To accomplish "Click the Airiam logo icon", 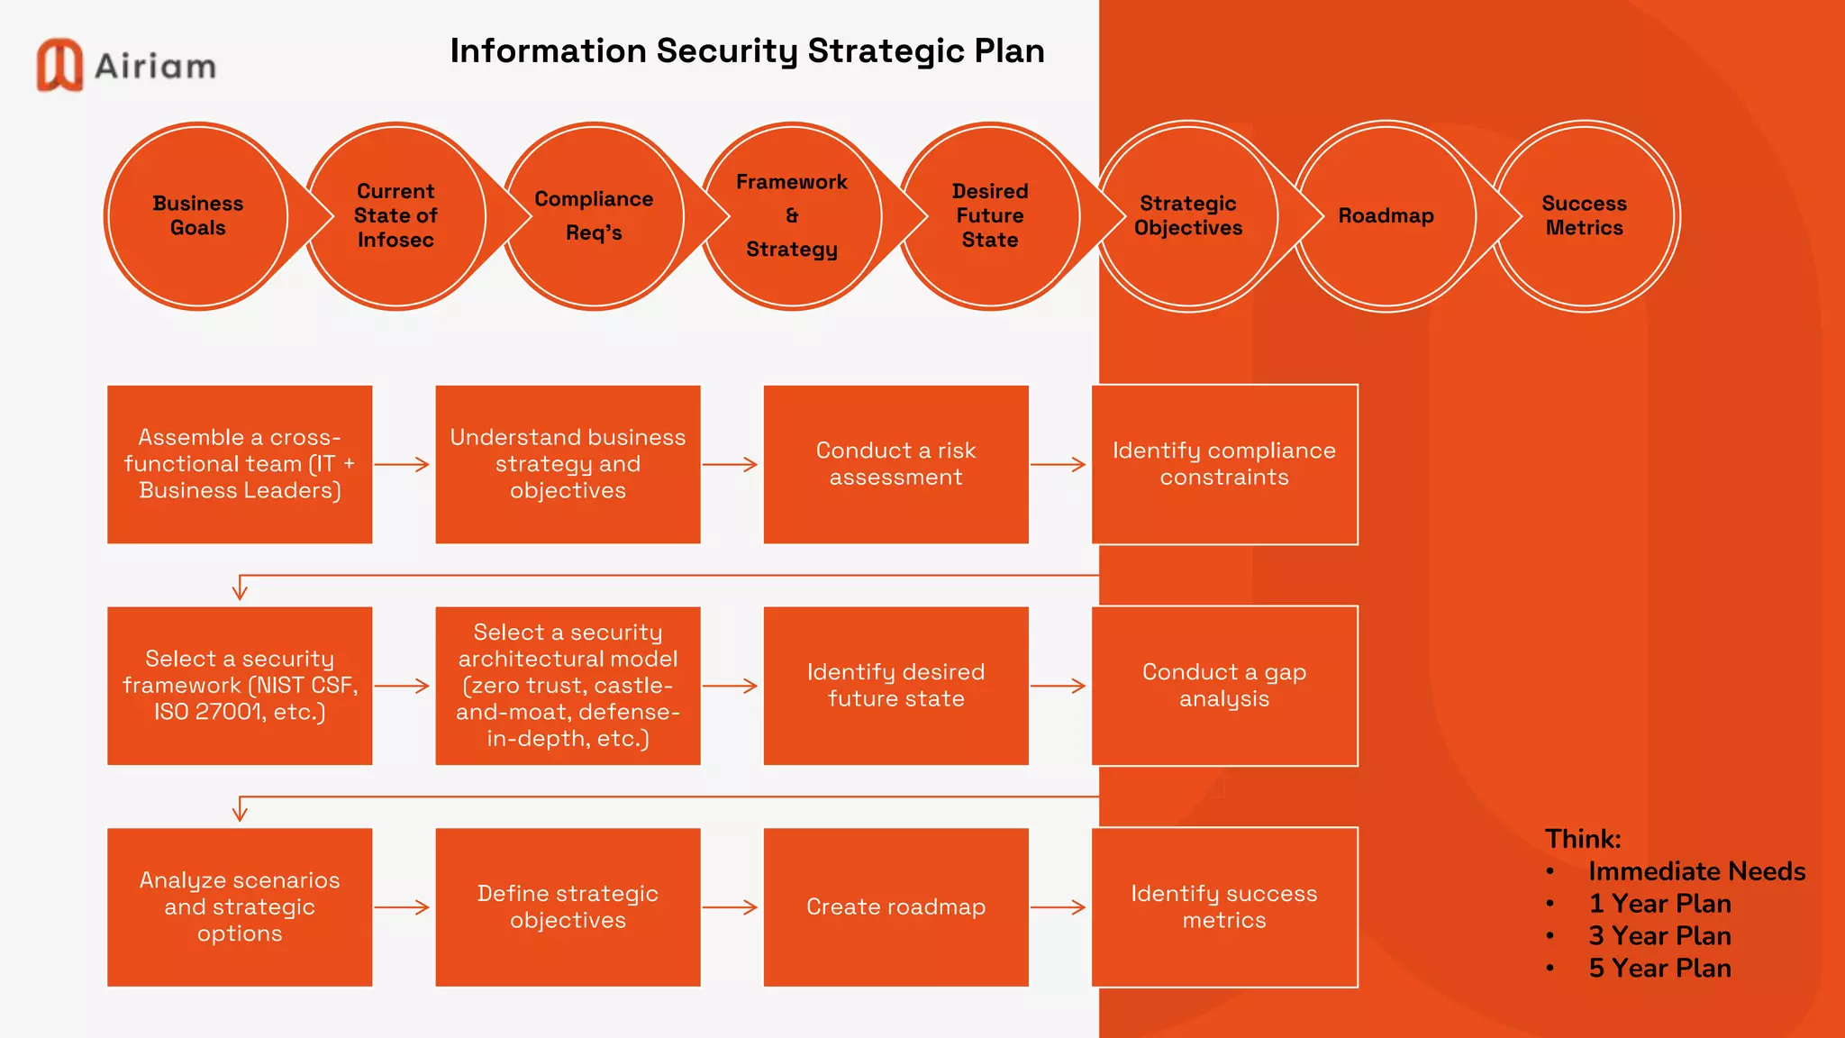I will (59, 65).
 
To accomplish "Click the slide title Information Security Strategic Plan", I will (747, 51).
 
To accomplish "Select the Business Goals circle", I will (198, 216).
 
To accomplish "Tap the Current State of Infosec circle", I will (395, 216).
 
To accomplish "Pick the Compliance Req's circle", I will (594, 216).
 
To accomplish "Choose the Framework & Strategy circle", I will (792, 216).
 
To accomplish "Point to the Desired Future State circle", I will (990, 216).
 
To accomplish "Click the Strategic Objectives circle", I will (1188, 216).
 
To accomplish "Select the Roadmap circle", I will (1386, 216).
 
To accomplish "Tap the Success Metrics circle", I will (1584, 216).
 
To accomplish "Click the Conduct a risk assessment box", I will (895, 464).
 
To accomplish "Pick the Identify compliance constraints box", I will (1224, 464).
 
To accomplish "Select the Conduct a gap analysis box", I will (1224, 686).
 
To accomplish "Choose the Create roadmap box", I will (895, 907).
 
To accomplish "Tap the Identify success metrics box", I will (1224, 907).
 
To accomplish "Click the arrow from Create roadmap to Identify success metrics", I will (1059, 907).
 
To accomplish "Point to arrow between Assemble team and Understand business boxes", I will (402, 464).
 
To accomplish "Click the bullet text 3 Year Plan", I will (1659, 936).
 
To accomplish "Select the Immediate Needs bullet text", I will (1696, 871).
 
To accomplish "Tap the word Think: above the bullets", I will (1583, 839).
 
